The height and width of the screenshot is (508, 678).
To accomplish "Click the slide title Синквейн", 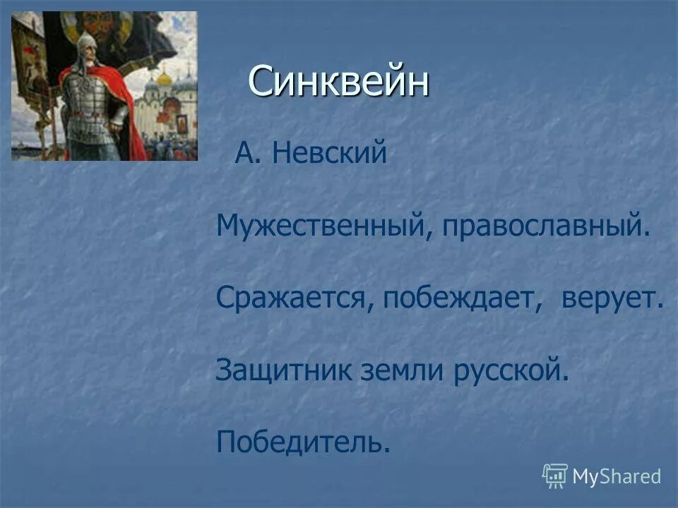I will coord(338,82).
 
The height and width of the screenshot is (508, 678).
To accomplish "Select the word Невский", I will coord(330,154).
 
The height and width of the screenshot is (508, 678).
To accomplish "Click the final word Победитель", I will coord(303,442).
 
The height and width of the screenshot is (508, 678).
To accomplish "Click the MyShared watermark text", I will coord(617,476).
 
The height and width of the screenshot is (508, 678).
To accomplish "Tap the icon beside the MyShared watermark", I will coord(555,476).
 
